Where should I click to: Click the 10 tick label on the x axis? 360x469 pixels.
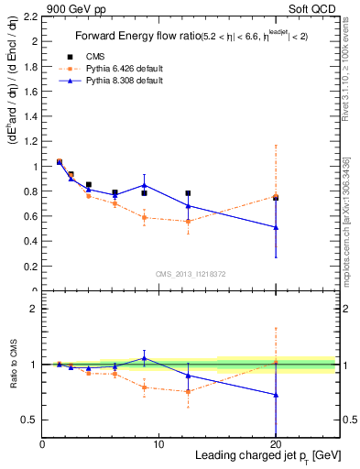pos(158,444)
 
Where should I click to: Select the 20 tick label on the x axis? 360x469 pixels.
pos(276,444)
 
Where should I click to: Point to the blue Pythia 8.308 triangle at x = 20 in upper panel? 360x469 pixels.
pos(276,227)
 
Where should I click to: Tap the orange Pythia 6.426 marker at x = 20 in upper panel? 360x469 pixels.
pos(276,196)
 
